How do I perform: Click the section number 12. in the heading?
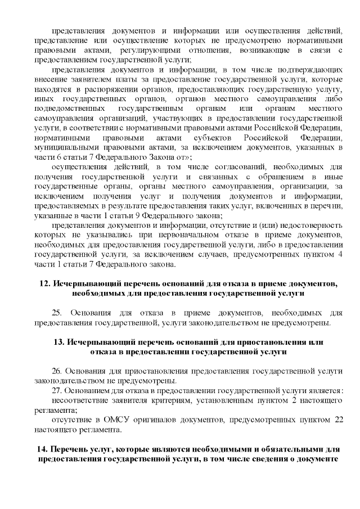45,283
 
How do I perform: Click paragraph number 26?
57,371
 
